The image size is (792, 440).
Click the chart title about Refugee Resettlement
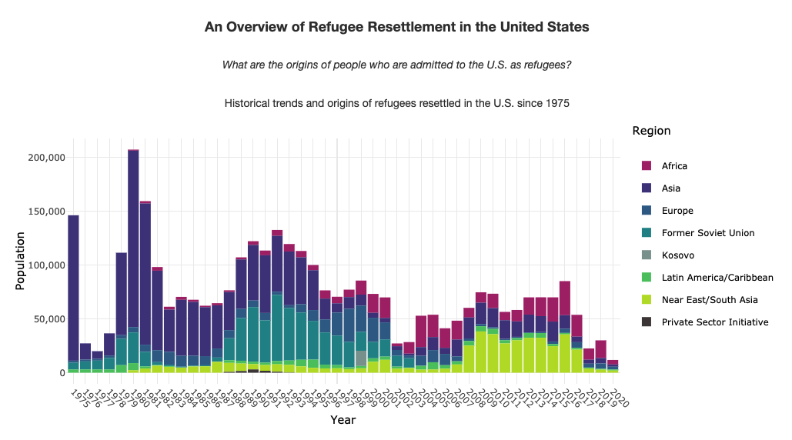tap(396, 27)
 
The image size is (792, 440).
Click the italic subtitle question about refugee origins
tap(396, 65)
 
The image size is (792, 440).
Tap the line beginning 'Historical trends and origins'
tap(396, 103)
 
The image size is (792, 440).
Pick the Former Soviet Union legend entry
tap(707, 233)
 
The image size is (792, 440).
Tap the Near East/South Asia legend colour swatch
tap(647, 300)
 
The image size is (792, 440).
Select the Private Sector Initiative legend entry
tap(714, 322)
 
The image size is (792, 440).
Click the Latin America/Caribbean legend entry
tap(717, 278)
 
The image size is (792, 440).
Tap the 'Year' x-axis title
tap(343, 420)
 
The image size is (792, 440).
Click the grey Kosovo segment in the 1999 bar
tap(361, 358)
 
